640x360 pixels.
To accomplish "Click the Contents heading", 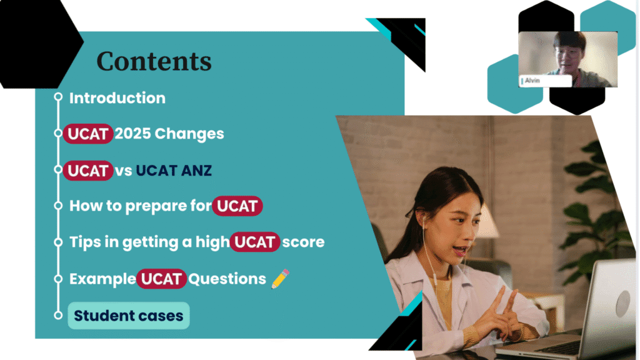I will pyautogui.click(x=154, y=61).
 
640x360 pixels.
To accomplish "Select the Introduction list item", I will pyautogui.click(x=117, y=98).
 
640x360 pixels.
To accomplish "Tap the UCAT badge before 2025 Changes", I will pyautogui.click(x=88, y=134).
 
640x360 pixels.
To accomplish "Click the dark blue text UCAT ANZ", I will pyautogui.click(x=174, y=170).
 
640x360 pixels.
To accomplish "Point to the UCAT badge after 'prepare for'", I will pyautogui.click(x=237, y=206).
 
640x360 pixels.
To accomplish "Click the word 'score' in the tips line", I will pyautogui.click(x=303, y=242).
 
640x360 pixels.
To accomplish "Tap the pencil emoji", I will pyautogui.click(x=281, y=279).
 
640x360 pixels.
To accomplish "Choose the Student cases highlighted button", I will pyautogui.click(x=128, y=316).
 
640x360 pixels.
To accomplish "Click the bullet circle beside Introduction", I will pyautogui.click(x=58, y=97).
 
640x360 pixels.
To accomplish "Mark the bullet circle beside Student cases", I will pyautogui.click(x=58, y=315).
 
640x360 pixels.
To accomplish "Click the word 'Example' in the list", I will pyautogui.click(x=102, y=279).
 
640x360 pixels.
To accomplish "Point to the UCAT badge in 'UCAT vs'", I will pyautogui.click(x=88, y=170).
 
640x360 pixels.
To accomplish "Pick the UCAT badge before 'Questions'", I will pyautogui.click(x=162, y=279).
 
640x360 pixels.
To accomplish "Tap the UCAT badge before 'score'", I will pyautogui.click(x=255, y=242).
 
